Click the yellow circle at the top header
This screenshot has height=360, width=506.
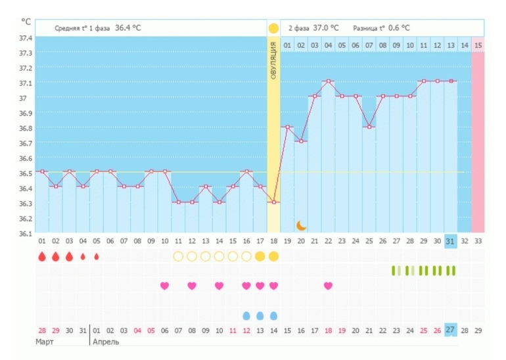[x=273, y=28]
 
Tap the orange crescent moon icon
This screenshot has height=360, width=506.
[x=301, y=225]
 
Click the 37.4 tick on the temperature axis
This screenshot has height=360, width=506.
[x=25, y=37]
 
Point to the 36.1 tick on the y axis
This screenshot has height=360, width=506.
[x=25, y=233]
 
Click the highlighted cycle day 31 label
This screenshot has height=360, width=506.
[x=450, y=241]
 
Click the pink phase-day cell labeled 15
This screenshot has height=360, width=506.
[x=478, y=45]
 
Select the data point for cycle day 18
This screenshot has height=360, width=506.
[x=273, y=202]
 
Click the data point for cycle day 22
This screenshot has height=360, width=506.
[x=328, y=81]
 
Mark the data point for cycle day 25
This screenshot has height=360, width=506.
[x=369, y=127]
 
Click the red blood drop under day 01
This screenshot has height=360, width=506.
[x=41, y=256]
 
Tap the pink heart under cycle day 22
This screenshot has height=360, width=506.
[x=328, y=285]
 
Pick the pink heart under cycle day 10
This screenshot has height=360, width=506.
[x=164, y=285]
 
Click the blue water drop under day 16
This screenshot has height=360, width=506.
[x=246, y=315]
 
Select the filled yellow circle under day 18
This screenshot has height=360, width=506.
[x=273, y=256]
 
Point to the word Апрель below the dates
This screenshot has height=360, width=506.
[x=106, y=342]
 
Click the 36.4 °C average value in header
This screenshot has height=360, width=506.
[x=128, y=28]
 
